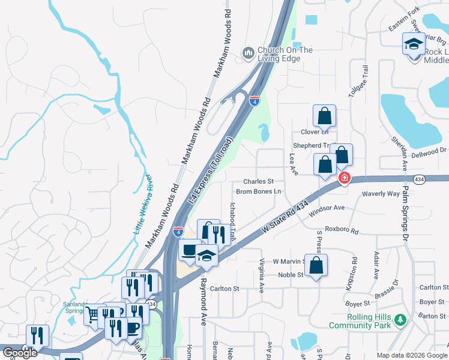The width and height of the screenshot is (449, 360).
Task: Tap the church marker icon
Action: [249, 54]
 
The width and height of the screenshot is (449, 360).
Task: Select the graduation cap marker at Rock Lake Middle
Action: [414, 44]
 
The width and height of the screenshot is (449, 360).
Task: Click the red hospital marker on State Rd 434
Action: [345, 177]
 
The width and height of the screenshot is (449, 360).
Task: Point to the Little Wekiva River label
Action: [149, 211]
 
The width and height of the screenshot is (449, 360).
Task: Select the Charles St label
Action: [258, 181]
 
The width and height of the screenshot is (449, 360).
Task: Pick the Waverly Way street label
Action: [381, 194]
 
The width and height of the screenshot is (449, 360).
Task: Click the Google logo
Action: [19, 353]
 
